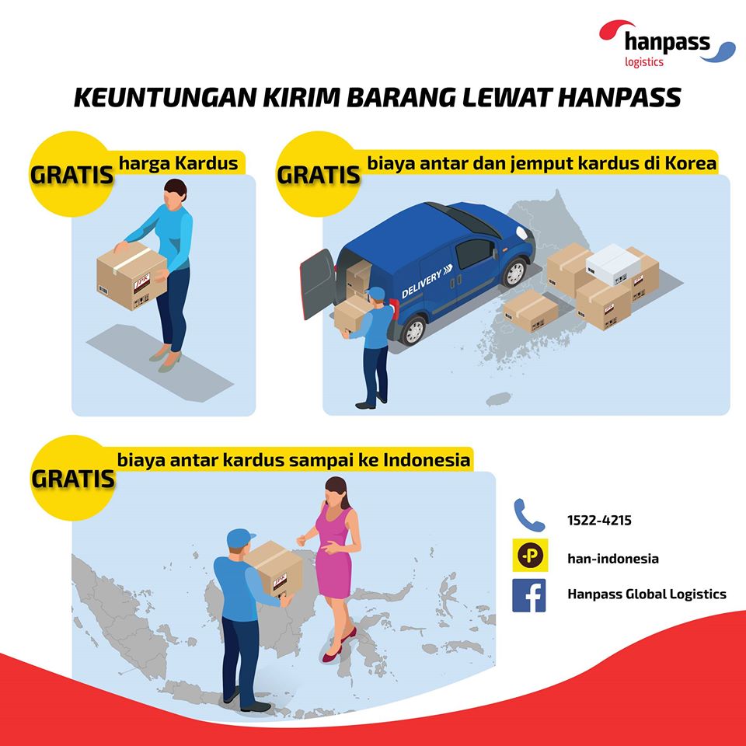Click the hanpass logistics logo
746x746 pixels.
tap(667, 44)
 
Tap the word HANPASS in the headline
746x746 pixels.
tap(619, 98)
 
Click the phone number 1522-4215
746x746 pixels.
tap(599, 520)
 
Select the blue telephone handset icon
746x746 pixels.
tap(528, 515)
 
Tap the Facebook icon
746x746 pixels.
tap(528, 595)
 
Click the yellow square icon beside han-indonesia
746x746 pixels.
tap(530, 555)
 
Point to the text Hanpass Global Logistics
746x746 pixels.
tap(647, 594)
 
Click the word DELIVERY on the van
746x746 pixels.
tap(421, 284)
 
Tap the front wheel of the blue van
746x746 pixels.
tap(514, 272)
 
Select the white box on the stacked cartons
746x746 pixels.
tap(613, 263)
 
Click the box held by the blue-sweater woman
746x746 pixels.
tap(131, 277)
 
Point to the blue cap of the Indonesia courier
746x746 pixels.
tap(240, 538)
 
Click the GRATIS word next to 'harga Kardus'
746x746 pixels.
tap(71, 175)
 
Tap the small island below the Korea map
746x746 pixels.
tap(498, 399)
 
